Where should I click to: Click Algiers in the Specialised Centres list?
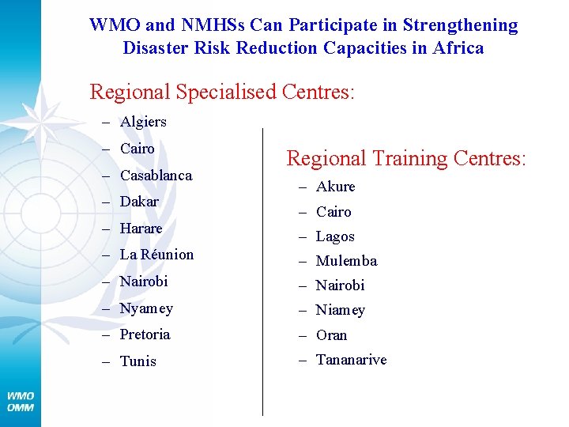click(143, 122)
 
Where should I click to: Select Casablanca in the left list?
click(156, 176)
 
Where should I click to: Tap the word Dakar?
click(139, 202)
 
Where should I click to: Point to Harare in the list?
click(141, 229)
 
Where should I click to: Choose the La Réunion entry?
click(156, 255)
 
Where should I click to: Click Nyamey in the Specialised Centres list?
click(146, 308)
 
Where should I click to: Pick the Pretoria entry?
click(145, 334)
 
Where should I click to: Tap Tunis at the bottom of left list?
click(138, 361)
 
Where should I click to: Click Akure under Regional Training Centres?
click(336, 187)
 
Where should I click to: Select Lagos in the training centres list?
click(335, 236)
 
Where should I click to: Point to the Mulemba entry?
click(346, 261)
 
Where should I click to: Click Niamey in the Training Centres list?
click(341, 310)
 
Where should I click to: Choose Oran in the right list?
click(331, 335)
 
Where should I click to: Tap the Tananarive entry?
click(351, 360)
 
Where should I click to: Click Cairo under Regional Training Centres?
click(333, 212)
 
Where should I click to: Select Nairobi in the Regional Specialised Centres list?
click(144, 282)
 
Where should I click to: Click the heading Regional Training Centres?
click(405, 158)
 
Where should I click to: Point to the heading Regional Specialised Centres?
click(222, 92)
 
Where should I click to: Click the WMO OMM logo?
click(21, 401)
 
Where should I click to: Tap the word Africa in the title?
click(458, 47)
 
